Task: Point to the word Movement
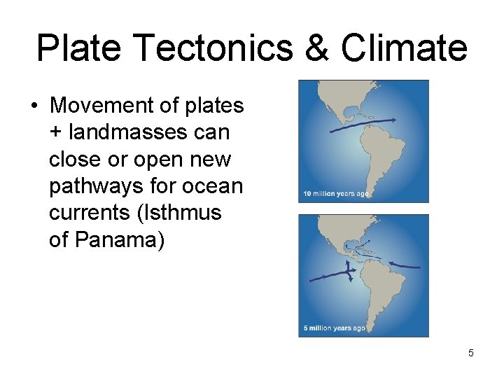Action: point(101,106)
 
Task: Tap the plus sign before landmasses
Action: point(55,133)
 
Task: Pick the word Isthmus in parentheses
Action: point(191,213)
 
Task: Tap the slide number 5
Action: point(470,353)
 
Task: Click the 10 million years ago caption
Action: point(333,193)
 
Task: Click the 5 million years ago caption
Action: point(333,328)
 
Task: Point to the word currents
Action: point(90,213)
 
